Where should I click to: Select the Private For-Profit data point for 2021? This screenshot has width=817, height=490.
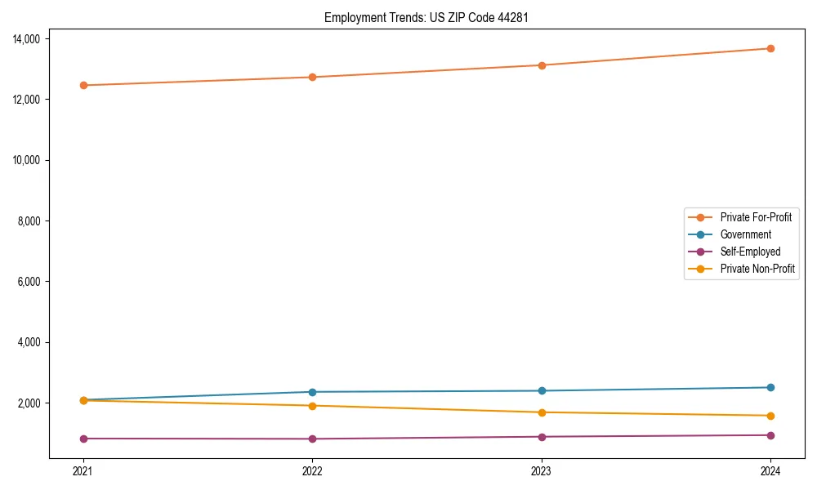click(83, 85)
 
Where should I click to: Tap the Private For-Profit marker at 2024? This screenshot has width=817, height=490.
click(770, 48)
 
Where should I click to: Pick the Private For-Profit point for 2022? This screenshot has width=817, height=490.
click(312, 77)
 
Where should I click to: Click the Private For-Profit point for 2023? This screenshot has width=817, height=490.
click(542, 65)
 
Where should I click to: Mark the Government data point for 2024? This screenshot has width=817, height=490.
click(770, 387)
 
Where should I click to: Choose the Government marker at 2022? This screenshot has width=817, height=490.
click(312, 392)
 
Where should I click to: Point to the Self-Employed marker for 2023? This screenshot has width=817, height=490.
click(542, 437)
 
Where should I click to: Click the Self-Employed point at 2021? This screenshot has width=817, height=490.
click(83, 439)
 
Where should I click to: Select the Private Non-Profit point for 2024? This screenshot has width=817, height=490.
click(770, 416)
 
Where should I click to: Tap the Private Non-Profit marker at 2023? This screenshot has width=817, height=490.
click(542, 412)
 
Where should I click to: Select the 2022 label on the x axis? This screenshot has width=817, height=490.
click(312, 470)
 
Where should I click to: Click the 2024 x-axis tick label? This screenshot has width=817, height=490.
click(770, 470)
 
